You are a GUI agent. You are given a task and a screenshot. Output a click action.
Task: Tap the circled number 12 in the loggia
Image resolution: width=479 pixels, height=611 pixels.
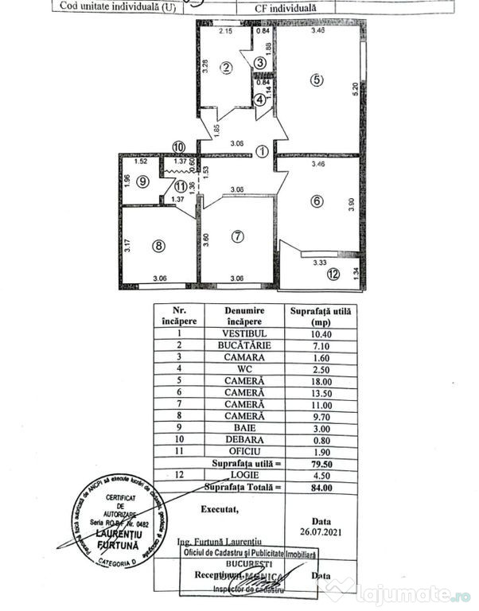point(332,276)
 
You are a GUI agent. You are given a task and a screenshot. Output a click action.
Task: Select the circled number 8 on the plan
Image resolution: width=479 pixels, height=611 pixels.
point(158,246)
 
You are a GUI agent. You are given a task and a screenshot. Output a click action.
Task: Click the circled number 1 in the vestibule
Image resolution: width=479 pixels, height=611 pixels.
point(263,151)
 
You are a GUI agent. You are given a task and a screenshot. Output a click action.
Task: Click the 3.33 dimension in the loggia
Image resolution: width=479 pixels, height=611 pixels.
point(320,261)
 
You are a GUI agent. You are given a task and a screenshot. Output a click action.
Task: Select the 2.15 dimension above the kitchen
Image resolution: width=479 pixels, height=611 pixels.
point(226,32)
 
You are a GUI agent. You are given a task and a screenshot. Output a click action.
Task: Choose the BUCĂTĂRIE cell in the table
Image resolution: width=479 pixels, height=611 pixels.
point(244,346)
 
